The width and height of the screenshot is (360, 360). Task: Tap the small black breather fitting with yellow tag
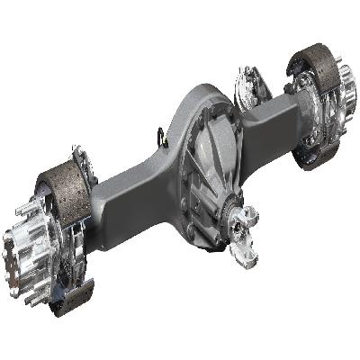pyautogui.click(x=163, y=137)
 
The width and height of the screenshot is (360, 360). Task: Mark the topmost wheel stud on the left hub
pyautogui.click(x=27, y=212)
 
